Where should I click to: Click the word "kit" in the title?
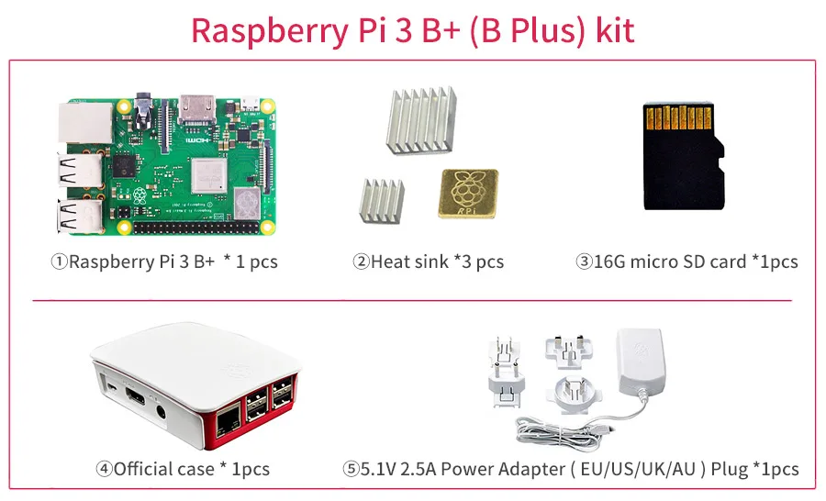point(614,29)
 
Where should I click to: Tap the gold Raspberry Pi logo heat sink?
point(468,194)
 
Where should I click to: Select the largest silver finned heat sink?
point(421,120)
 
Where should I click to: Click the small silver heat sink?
point(382,200)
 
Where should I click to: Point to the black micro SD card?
point(683,157)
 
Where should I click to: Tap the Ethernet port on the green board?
point(85,123)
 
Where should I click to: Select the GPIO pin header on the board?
point(196,228)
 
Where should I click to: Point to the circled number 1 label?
point(60,262)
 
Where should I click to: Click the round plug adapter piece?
point(574,394)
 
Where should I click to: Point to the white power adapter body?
point(640,362)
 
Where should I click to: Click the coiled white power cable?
point(558,430)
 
